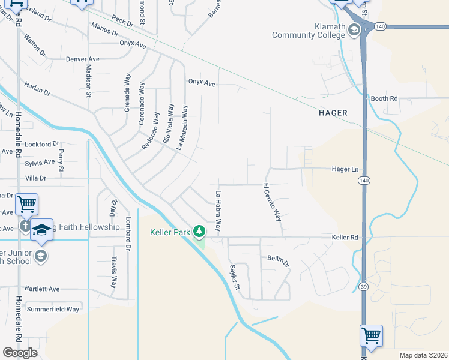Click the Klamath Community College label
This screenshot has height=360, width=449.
(306, 31)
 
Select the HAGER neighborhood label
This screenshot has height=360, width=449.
(333, 112)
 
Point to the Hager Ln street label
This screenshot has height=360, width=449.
(345, 170)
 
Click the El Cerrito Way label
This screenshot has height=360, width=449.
(272, 203)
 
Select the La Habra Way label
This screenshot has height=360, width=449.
(219, 212)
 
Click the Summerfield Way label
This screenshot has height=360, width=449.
(53, 309)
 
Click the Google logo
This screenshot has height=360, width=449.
(20, 352)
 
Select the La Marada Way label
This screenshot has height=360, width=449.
(182, 128)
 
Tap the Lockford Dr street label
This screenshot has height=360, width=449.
(43, 144)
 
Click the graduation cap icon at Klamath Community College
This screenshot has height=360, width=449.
(354, 29)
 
